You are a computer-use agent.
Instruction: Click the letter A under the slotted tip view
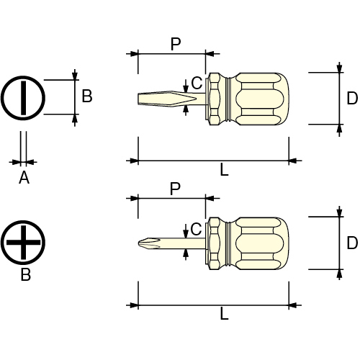pos(24,178)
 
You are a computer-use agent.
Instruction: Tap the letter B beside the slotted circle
pos(87,96)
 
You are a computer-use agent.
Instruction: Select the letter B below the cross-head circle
pos(26,274)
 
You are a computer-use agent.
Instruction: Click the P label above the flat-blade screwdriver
pos(176,44)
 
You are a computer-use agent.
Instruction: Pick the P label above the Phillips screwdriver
pos(175,189)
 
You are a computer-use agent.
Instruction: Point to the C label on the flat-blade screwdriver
pos(197,83)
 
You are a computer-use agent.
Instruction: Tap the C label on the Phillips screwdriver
pos(196,229)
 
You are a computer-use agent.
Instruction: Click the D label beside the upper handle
pos(352,98)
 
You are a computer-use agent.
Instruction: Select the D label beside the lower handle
pos(352,243)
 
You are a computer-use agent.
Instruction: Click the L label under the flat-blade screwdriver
pos(225,170)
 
